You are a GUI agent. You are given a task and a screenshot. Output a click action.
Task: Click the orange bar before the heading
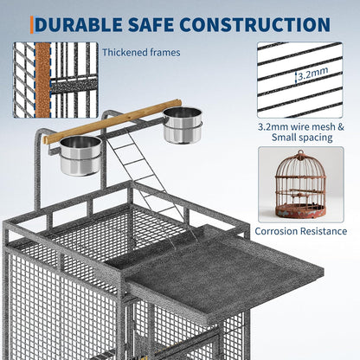pyautogui.click(x=32, y=25)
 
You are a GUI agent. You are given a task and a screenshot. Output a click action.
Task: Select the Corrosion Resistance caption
pyautogui.click(x=299, y=231)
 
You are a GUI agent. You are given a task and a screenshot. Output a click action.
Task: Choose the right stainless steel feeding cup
pyautogui.click(x=181, y=125)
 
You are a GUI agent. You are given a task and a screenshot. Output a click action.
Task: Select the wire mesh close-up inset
pyautogui.click(x=299, y=79)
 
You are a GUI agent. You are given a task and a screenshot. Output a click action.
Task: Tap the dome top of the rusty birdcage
pyautogui.click(x=299, y=167)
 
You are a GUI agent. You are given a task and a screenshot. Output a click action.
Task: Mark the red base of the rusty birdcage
pyautogui.click(x=299, y=210)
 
